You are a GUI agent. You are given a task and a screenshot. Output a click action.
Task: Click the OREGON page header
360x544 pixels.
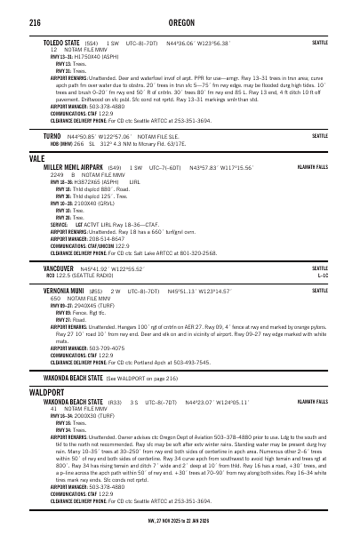[179, 21]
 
